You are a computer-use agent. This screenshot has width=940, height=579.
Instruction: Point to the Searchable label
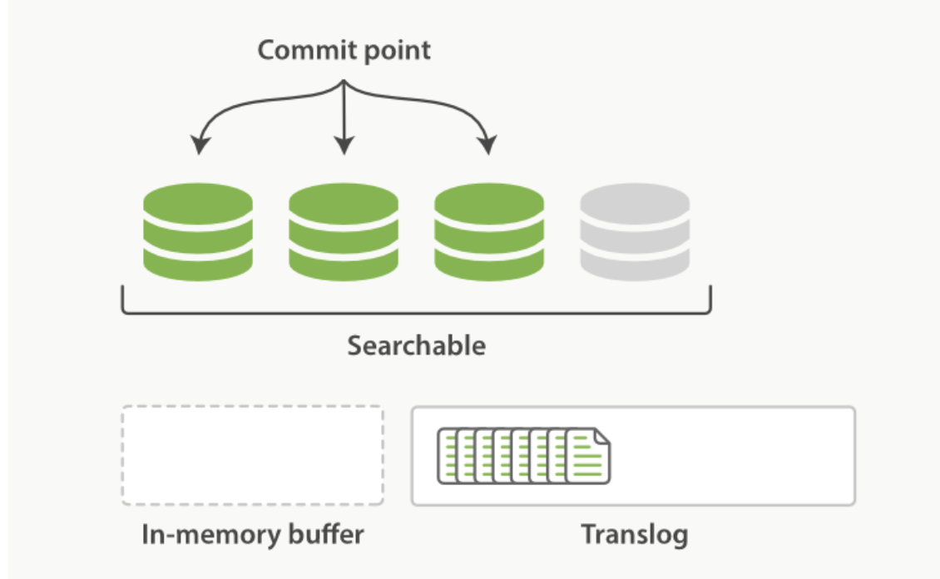(x=416, y=345)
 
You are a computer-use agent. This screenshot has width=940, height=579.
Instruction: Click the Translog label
(x=634, y=533)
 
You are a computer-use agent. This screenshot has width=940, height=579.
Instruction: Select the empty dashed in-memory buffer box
(x=252, y=455)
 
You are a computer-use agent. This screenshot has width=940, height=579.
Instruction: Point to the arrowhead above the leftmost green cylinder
(x=198, y=146)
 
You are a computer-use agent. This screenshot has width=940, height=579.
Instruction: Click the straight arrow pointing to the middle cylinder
(x=343, y=116)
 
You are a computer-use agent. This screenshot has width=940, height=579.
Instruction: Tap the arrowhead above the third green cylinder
(x=489, y=146)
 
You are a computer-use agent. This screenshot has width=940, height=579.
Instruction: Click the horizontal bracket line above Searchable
(x=416, y=314)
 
